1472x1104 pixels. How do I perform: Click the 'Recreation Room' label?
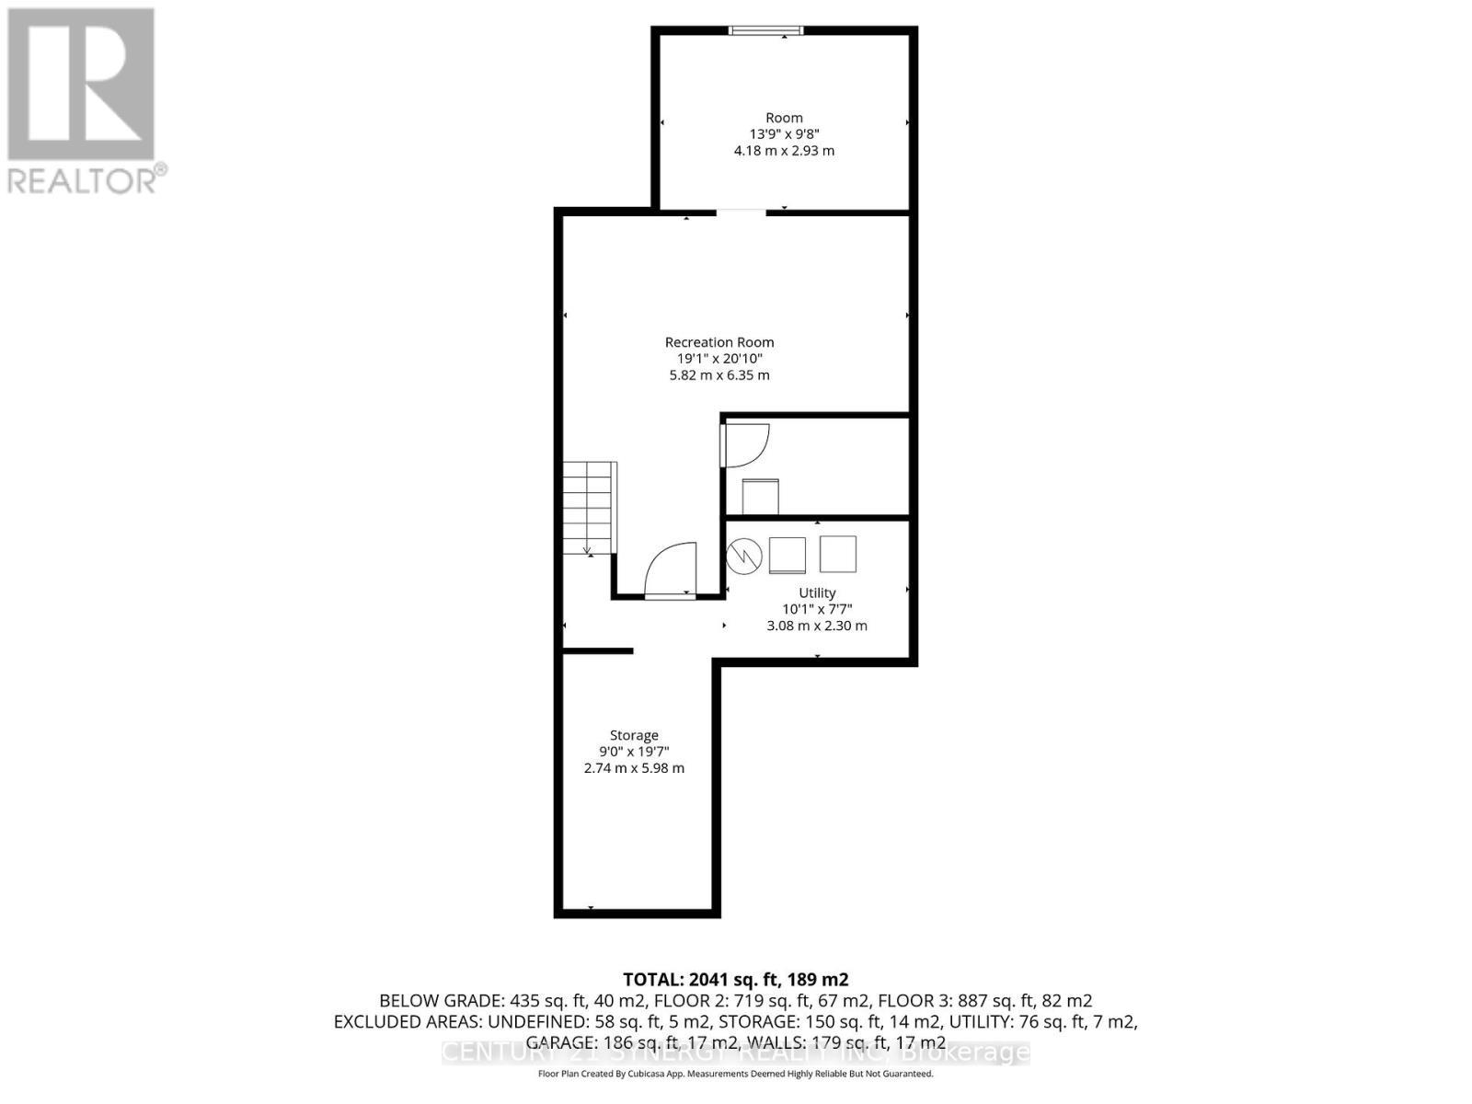pos(719,342)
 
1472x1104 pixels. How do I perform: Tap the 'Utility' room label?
pos(817,593)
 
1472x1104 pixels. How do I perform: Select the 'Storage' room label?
pos(634,735)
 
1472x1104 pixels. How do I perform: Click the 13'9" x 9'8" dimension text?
pos(784,134)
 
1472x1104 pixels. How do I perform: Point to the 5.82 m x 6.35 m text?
pos(719,375)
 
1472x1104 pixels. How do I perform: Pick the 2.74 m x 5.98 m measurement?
pos(634,768)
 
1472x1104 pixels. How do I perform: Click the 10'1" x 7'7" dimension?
pos(817,609)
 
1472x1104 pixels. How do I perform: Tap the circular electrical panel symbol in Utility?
pos(744,555)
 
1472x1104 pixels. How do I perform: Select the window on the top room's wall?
pos(765,30)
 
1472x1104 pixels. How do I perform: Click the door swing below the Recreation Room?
pos(673,571)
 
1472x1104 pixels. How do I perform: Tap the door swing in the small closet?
pos(743,445)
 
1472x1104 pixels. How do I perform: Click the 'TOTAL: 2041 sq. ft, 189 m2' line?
pos(736,979)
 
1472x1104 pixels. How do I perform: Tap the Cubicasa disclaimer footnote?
pos(736,1074)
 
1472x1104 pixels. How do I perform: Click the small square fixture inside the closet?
pos(761,497)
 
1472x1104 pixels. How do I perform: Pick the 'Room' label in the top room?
pos(784,118)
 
